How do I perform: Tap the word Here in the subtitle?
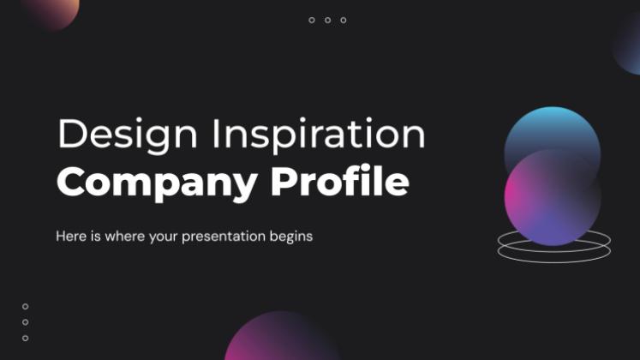[70, 235]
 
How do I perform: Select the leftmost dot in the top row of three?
[312, 20]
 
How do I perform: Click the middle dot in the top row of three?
[327, 20]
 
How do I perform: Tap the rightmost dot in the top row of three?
[344, 20]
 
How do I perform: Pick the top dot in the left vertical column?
[25, 306]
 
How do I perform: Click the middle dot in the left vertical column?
[25, 322]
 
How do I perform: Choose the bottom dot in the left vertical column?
[25, 338]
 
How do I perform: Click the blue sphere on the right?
[553, 129]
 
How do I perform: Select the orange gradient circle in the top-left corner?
[51, 10]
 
